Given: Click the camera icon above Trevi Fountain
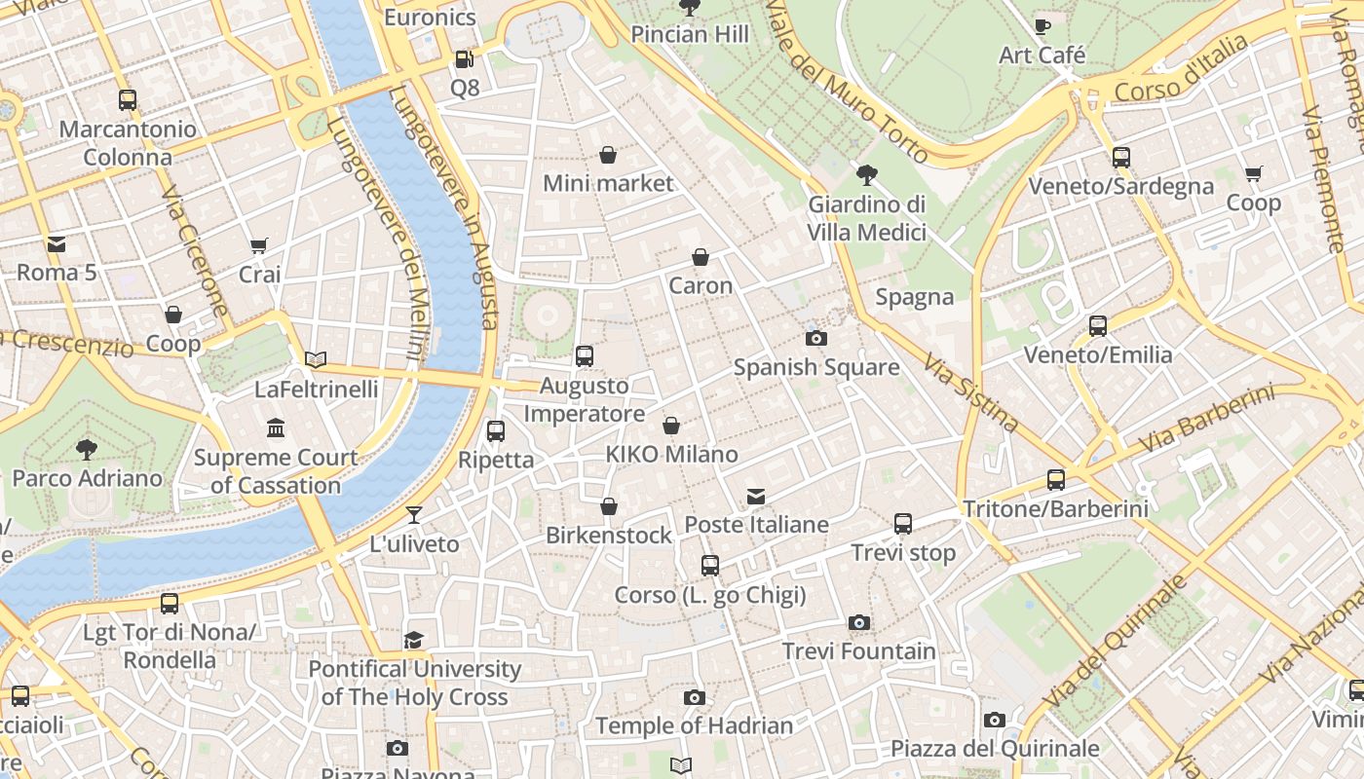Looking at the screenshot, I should [x=858, y=622].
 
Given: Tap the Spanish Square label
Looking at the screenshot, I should [x=816, y=367].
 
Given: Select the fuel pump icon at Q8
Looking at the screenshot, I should [x=464, y=59].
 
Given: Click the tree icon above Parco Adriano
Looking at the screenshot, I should [x=87, y=449].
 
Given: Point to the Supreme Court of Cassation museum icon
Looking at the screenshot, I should [x=276, y=427].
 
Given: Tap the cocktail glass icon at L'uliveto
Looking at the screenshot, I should [x=414, y=514].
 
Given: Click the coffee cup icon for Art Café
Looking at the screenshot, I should [x=1042, y=26].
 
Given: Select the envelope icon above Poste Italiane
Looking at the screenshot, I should [x=756, y=497].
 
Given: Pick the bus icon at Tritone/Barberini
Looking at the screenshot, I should [x=1056, y=479].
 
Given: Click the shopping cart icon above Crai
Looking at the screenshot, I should [x=259, y=246].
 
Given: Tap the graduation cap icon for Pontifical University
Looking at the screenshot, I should [x=414, y=640].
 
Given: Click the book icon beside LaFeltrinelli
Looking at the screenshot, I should [x=316, y=359].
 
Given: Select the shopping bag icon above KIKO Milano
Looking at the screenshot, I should [x=671, y=426].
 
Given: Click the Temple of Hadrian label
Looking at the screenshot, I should [x=694, y=725].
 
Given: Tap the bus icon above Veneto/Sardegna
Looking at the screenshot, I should [x=1121, y=157].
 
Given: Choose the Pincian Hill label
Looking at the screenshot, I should [x=690, y=34].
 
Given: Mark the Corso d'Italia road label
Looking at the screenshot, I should [x=1181, y=69].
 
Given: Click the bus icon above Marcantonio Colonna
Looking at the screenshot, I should [x=128, y=99].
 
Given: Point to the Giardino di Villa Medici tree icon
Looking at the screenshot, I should [x=866, y=175].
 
